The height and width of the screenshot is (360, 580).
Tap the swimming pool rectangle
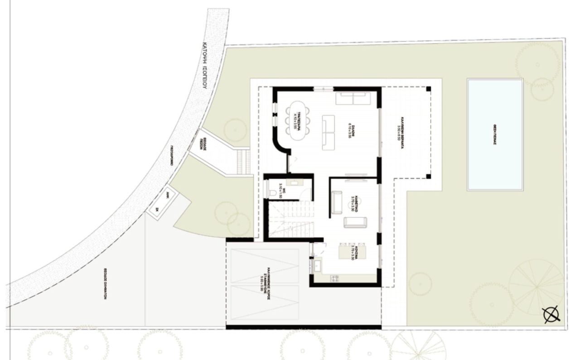pyautogui.click(x=495, y=134)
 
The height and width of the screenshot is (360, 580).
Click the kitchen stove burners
pyautogui.click(x=335, y=278)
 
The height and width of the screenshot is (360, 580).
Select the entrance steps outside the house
pyautogui.click(x=244, y=162)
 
